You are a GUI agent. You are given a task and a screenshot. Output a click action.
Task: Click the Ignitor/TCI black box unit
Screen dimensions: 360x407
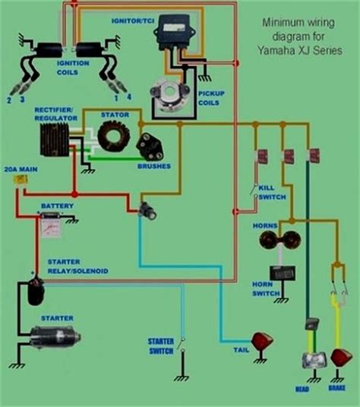(x=174, y=32)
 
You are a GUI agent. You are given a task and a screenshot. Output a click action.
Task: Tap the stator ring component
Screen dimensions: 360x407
(x=114, y=136)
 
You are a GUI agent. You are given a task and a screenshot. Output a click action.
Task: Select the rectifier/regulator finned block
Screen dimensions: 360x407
(x=55, y=140)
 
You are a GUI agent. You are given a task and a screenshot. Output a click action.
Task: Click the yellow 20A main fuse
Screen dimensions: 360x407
(x=21, y=179)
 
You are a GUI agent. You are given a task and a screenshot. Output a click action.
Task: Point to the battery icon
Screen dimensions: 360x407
(x=52, y=225)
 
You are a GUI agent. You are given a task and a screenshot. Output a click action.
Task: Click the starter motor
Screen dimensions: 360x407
(x=55, y=338)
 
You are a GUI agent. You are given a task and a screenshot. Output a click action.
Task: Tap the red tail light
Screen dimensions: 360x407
(x=263, y=341)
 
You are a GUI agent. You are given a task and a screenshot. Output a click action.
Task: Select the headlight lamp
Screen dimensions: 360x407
(x=314, y=360)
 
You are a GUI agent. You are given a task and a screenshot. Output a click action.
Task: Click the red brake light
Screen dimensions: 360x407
(x=341, y=358)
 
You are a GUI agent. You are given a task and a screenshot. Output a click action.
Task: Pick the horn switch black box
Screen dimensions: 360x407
(x=282, y=273)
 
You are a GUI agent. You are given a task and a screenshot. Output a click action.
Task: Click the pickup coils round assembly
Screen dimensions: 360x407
(x=170, y=96)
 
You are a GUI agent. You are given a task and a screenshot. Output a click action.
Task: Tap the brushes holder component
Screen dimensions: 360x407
(x=150, y=147)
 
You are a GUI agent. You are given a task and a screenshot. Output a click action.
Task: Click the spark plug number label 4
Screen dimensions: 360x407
(x=129, y=97)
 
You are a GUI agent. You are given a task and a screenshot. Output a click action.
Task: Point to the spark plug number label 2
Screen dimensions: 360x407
(x=9, y=100)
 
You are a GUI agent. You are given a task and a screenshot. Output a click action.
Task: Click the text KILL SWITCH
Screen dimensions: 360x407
(x=272, y=192)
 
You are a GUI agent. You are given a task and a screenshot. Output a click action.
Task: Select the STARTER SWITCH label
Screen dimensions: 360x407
(x=161, y=346)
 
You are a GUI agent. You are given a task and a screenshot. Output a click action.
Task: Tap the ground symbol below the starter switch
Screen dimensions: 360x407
(x=182, y=378)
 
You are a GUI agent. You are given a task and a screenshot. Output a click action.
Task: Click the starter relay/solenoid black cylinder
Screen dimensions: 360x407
(x=36, y=292)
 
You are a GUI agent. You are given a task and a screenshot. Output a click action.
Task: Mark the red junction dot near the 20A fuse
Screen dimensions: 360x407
(x=74, y=194)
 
